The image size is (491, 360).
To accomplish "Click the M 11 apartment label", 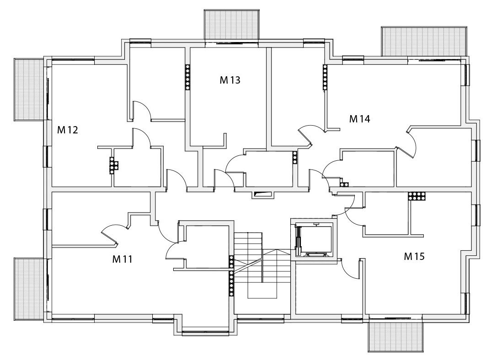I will (x=122, y=259).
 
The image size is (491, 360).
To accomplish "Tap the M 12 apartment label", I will (x=67, y=130).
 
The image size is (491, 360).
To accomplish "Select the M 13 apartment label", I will (x=230, y=80).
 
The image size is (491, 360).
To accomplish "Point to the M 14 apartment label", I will (x=359, y=119).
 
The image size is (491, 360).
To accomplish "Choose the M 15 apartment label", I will (x=414, y=256).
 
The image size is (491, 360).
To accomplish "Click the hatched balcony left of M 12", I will (x=28, y=90).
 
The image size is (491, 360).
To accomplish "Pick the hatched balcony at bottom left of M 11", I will (x=28, y=288).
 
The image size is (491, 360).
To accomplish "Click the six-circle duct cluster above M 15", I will (x=417, y=196).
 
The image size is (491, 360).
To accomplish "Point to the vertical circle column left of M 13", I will (x=187, y=76).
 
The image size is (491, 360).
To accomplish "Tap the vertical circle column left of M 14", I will (x=325, y=76).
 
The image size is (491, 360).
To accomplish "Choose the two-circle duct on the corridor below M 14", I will (x=344, y=185).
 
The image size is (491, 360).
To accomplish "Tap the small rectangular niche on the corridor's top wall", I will (x=262, y=194).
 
